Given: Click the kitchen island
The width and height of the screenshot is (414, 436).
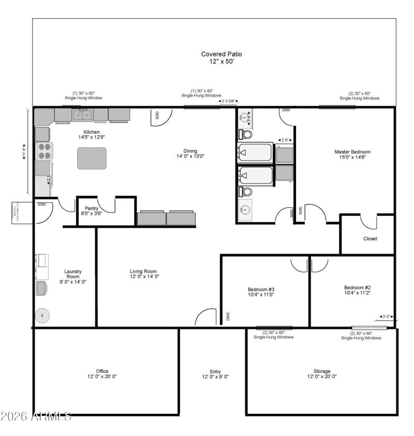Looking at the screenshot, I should [x=92, y=158].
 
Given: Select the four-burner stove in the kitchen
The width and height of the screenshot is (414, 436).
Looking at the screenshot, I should [x=44, y=151].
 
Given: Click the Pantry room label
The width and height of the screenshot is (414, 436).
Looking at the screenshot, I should [x=91, y=208].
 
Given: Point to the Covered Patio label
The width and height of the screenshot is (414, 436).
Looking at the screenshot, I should [x=221, y=54].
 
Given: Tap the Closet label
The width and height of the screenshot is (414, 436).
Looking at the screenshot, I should [x=369, y=239].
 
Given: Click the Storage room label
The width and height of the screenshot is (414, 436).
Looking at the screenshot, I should [x=321, y=371].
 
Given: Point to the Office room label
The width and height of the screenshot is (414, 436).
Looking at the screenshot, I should [x=102, y=371].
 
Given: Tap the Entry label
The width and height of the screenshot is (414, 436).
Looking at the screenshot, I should [x=215, y=371].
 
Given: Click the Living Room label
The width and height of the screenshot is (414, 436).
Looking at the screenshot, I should [x=143, y=271].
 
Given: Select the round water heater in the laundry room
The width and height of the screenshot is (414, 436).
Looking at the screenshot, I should [x=42, y=316].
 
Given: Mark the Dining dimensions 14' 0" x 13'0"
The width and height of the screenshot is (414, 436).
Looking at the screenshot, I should [x=190, y=155].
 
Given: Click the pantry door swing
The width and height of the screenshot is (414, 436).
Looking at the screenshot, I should [x=106, y=203].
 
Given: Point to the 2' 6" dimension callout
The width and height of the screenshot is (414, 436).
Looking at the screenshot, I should [x=285, y=140].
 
